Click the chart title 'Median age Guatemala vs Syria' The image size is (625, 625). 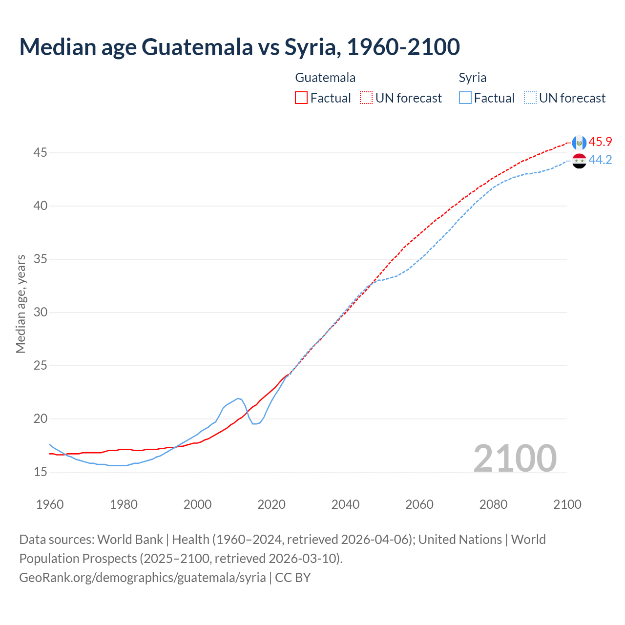tap(239, 47)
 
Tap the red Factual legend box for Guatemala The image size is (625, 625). tap(301, 98)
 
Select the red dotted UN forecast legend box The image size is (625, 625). tap(366, 98)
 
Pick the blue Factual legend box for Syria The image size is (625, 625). tap(465, 98)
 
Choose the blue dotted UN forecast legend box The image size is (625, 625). tap(530, 98)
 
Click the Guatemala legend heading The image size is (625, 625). tap(325, 78)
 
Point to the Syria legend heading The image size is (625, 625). tap(472, 78)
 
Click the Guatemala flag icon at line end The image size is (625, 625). tap(579, 143)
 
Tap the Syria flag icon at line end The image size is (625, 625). tap(579, 161)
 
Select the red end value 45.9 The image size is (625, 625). tap(600, 142)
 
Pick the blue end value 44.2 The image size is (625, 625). tap(600, 160)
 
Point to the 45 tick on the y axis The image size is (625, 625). tap(41, 153)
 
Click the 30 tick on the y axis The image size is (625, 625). tap(41, 312)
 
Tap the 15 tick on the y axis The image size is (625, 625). tap(41, 472)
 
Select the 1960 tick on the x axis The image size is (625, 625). tap(50, 504)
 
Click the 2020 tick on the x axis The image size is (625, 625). tap(271, 504)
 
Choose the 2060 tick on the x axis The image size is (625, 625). tap(419, 504)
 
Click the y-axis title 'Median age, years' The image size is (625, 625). tap(21, 304)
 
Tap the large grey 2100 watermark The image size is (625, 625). tap(515, 458)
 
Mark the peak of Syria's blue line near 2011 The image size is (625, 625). tap(238, 398)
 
